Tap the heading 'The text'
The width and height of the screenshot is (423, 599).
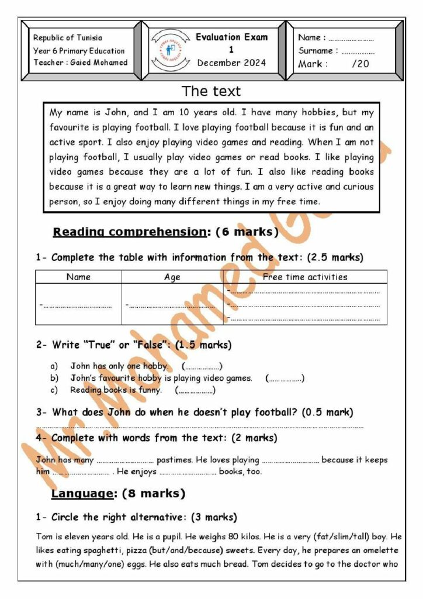pyautogui.click(x=211, y=91)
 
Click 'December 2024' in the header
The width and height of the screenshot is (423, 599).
pyautogui.click(x=231, y=63)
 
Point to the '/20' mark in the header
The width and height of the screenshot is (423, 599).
pyautogui.click(x=360, y=64)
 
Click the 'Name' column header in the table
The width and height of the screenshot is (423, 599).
pyautogui.click(x=78, y=277)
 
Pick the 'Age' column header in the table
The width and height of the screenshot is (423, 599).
pyautogui.click(x=172, y=277)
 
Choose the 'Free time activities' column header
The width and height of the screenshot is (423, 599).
pyautogui.click(x=305, y=277)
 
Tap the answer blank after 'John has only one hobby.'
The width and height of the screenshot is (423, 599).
pyautogui.click(x=202, y=367)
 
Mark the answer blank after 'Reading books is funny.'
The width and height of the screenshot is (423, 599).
pyautogui.click(x=195, y=390)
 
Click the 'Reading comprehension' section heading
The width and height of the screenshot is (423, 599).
pyautogui.click(x=129, y=232)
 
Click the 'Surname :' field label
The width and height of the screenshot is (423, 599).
pyautogui.click(x=318, y=51)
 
